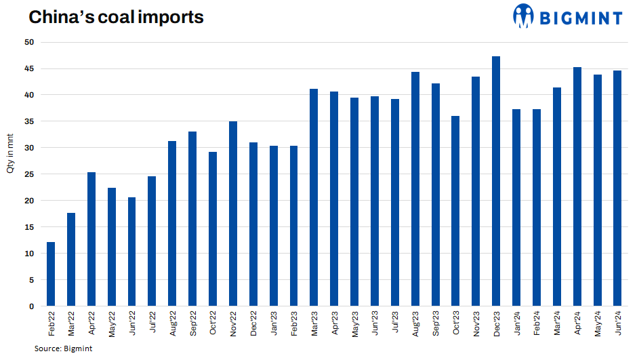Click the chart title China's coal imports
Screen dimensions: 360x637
point(116,17)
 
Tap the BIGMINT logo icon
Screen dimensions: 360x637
point(524,16)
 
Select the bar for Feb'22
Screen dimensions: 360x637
point(51,274)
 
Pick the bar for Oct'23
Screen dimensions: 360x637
point(455,211)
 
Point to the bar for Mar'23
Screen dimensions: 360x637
point(314,197)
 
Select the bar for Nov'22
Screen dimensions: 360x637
point(233,214)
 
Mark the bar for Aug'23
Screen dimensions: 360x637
point(415,189)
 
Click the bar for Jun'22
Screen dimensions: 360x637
point(131,252)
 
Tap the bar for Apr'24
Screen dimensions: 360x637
point(577,186)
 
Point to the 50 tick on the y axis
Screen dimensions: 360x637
point(29,43)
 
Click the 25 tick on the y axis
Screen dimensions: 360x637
point(29,174)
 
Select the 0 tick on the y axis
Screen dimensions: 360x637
point(31,306)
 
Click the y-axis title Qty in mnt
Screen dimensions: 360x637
point(11,174)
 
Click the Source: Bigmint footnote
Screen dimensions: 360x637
point(63,348)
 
